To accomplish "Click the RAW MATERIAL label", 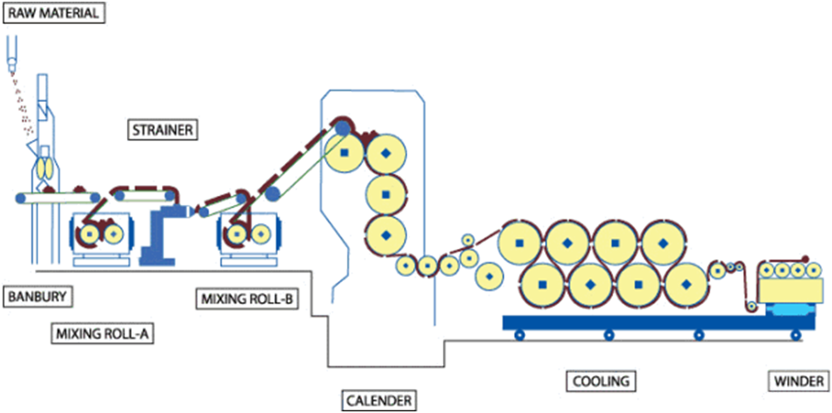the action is point(53,13).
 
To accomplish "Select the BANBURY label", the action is point(39,297).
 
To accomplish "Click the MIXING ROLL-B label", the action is point(247,299).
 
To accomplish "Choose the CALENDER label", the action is point(379,401).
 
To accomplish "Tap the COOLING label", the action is point(601,381).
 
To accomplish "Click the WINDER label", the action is point(798,381).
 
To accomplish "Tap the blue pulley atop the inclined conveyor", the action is point(343,127).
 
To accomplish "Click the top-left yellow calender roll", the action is point(344,153).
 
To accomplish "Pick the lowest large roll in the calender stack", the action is point(387,235).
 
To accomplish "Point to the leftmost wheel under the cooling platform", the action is point(518,335).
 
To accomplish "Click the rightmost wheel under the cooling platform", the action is point(796,335).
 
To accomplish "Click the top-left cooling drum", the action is point(519,243).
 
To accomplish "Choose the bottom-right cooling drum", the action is point(686,284).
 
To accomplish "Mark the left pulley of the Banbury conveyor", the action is point(20,198).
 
